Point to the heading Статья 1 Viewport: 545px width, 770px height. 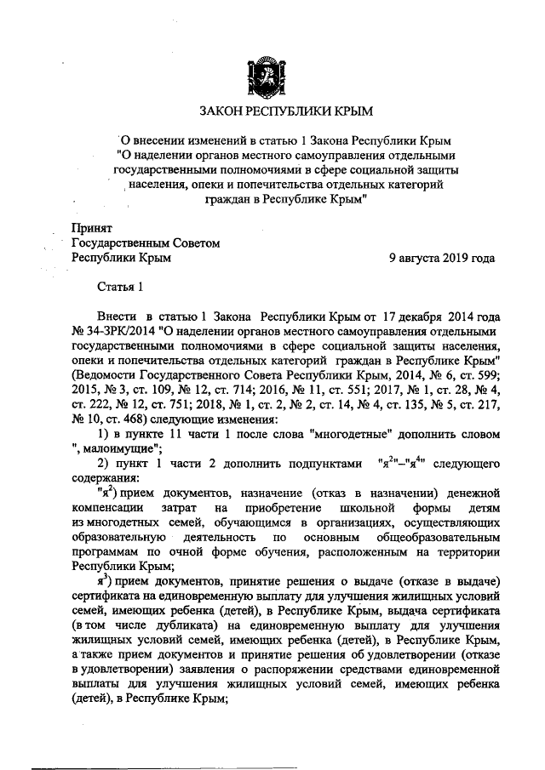(121, 288)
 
